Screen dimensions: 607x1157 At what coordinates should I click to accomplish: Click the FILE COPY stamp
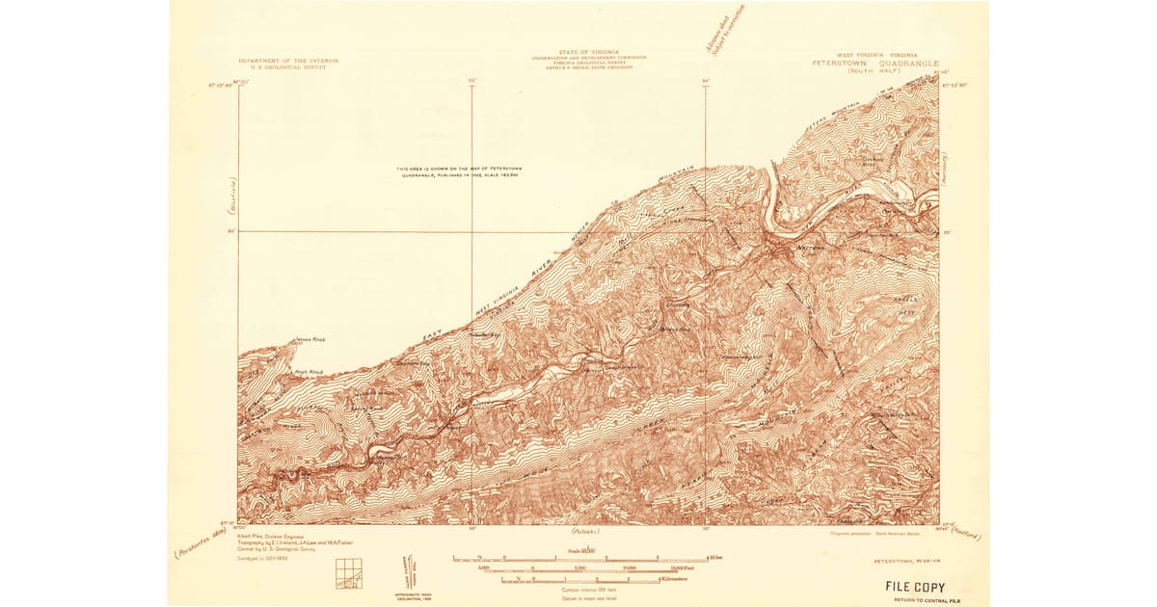pyautogui.click(x=916, y=586)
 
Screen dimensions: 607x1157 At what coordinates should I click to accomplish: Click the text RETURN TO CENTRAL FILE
pyautogui.click(x=916, y=599)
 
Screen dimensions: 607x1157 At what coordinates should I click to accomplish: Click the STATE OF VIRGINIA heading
pyautogui.click(x=588, y=52)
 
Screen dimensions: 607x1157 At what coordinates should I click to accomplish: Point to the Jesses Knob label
pyautogui.click(x=306, y=340)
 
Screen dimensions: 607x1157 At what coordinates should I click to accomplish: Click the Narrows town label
pyautogui.click(x=808, y=249)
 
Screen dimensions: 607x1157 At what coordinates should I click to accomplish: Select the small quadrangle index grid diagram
pyautogui.click(x=346, y=573)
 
